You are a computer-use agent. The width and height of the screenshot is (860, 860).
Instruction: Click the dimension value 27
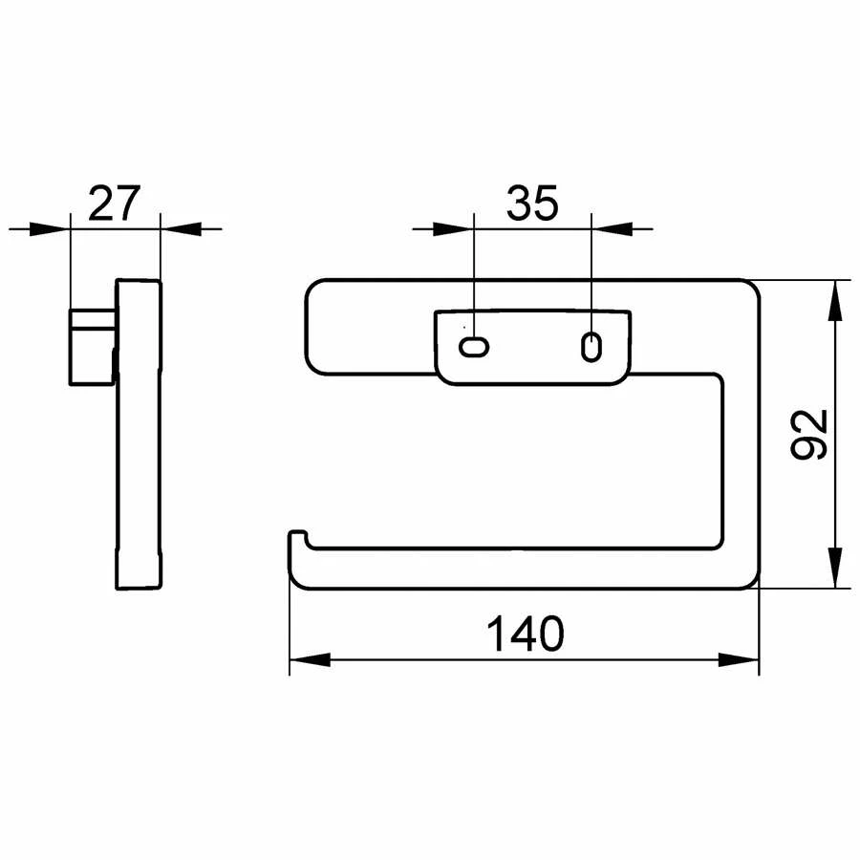114,204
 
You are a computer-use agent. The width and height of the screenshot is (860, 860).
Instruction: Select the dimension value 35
532,204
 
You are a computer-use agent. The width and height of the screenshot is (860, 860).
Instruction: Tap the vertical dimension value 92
808,434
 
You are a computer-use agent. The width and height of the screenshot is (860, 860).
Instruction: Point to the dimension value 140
525,634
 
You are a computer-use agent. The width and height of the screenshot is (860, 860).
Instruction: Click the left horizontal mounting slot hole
474,347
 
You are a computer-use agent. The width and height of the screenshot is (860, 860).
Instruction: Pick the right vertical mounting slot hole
591,347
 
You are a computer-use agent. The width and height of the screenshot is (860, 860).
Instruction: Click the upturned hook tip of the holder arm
298,535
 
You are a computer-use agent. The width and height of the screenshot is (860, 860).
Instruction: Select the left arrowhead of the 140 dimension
310,659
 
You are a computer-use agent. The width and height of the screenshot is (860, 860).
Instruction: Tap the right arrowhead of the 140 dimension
739,659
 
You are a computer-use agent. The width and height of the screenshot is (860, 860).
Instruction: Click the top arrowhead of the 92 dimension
834,301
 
